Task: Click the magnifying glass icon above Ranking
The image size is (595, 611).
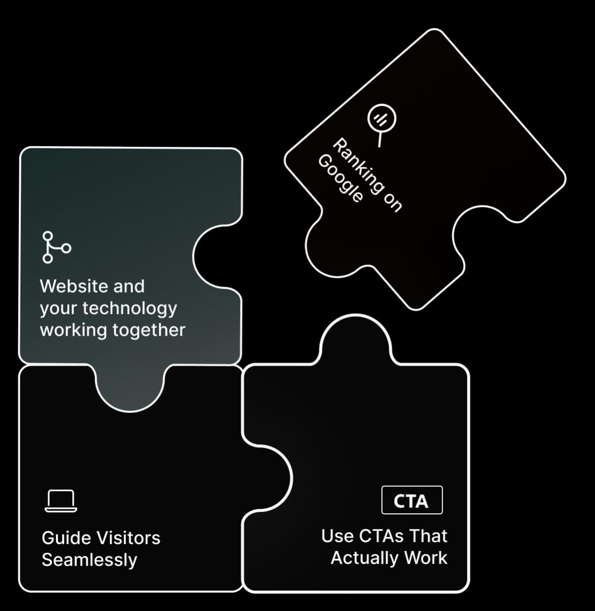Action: (x=381, y=119)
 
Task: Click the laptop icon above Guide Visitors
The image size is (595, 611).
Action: (x=61, y=501)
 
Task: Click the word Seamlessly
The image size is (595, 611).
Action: (x=89, y=560)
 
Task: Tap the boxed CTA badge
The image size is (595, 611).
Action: (x=412, y=500)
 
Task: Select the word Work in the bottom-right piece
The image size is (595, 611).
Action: (x=425, y=558)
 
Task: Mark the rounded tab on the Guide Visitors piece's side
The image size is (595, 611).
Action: (x=270, y=477)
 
